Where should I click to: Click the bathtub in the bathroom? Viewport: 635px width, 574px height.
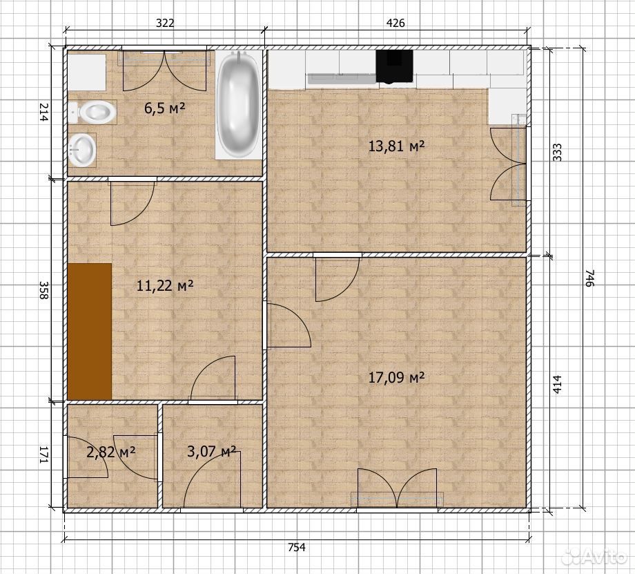(x=237, y=104)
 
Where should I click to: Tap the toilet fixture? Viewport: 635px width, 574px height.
(x=92, y=112)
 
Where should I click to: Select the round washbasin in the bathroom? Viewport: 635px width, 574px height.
(x=82, y=150)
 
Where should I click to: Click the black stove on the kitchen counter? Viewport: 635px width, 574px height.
(x=394, y=66)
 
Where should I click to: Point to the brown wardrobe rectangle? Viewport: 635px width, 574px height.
(x=90, y=331)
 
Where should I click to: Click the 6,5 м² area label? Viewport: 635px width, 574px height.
(x=164, y=108)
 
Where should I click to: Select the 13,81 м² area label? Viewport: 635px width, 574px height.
(x=396, y=146)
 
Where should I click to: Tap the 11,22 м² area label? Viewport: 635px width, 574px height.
(x=165, y=286)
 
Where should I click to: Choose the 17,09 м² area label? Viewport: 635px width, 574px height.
(x=396, y=378)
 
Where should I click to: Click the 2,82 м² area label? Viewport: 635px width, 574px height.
(x=110, y=452)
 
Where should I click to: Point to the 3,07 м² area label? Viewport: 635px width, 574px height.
(x=211, y=451)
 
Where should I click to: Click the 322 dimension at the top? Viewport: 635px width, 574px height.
(x=165, y=23)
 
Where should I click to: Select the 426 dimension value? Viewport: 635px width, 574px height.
(x=395, y=23)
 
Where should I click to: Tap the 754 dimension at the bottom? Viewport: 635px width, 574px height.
(x=297, y=547)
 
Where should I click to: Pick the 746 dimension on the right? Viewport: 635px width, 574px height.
(x=590, y=278)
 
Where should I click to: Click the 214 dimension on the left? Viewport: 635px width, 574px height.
(x=43, y=113)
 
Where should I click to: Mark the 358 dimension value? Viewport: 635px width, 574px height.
(x=43, y=290)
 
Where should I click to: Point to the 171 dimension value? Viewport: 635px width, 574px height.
(x=43, y=455)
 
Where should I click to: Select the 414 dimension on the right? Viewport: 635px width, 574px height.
(x=557, y=385)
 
